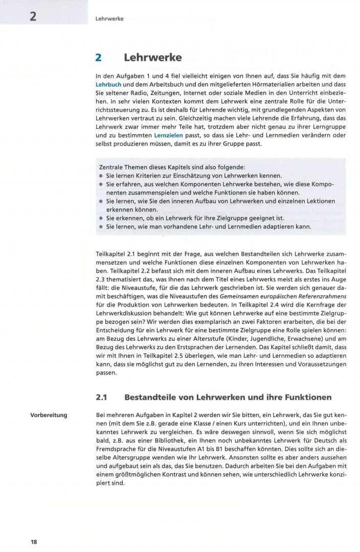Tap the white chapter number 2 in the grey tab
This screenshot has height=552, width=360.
33,16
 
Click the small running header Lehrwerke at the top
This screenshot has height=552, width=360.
109,19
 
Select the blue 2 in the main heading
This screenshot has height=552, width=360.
100,58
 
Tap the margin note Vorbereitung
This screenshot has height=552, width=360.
49,415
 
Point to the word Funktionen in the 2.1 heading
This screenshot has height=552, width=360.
306,397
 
